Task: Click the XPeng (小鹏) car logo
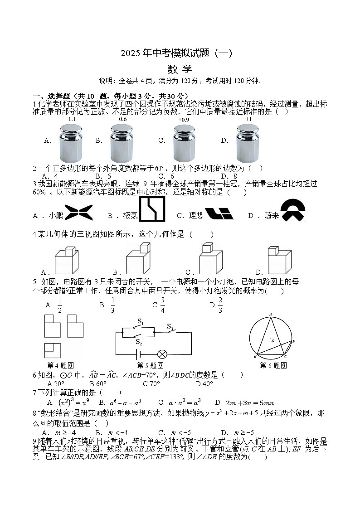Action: [78, 212]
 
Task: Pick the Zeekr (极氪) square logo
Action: [152, 210]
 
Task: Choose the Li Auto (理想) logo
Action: [219, 213]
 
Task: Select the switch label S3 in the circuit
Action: [170, 326]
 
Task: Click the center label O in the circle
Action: [272, 339]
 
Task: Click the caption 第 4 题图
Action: [60, 365]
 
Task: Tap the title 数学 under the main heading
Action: [180, 69]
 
